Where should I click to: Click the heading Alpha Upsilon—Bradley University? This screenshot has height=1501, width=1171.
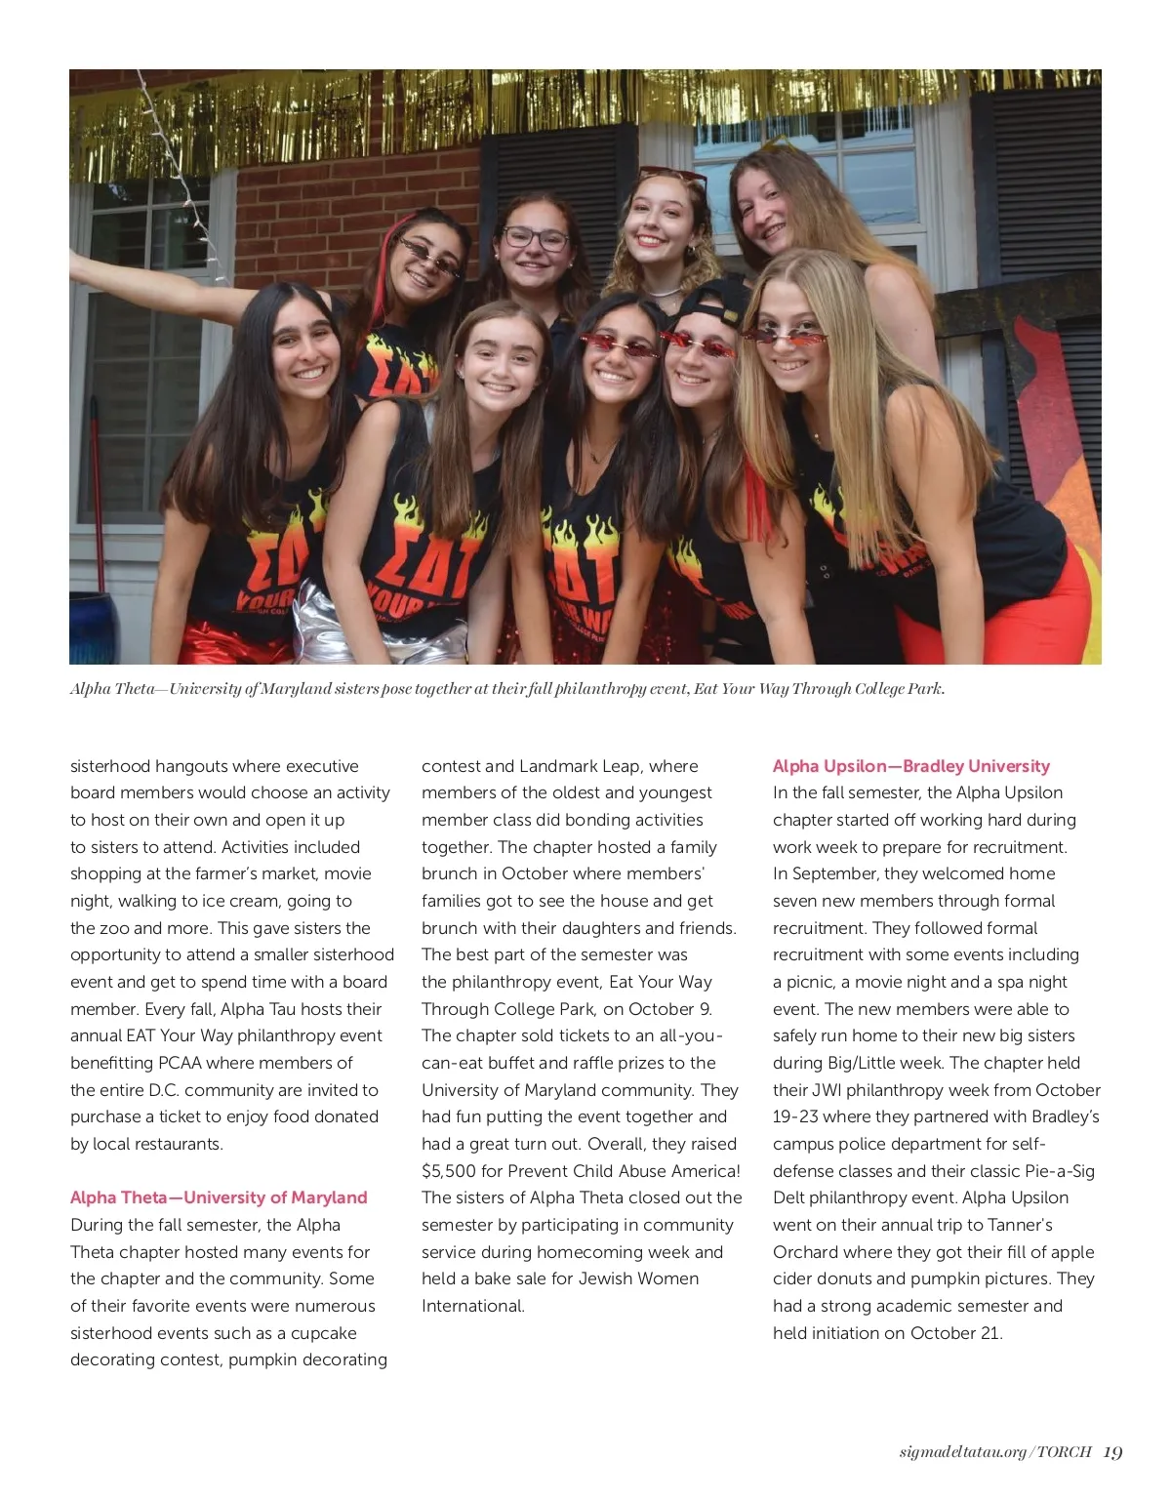coord(910,766)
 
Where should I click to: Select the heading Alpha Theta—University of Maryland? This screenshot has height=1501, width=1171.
coord(219,1197)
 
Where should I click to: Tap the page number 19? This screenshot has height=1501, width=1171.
coord(1112,1452)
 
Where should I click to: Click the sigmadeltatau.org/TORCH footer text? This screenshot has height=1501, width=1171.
coord(994,1452)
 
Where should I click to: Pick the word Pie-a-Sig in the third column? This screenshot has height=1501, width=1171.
coord(1060,1171)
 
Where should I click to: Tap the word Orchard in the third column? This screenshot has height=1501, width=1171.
coord(804,1252)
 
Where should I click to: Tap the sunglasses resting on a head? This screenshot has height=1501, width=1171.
coord(673,177)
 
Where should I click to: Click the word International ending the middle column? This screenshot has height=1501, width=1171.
coord(472,1306)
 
